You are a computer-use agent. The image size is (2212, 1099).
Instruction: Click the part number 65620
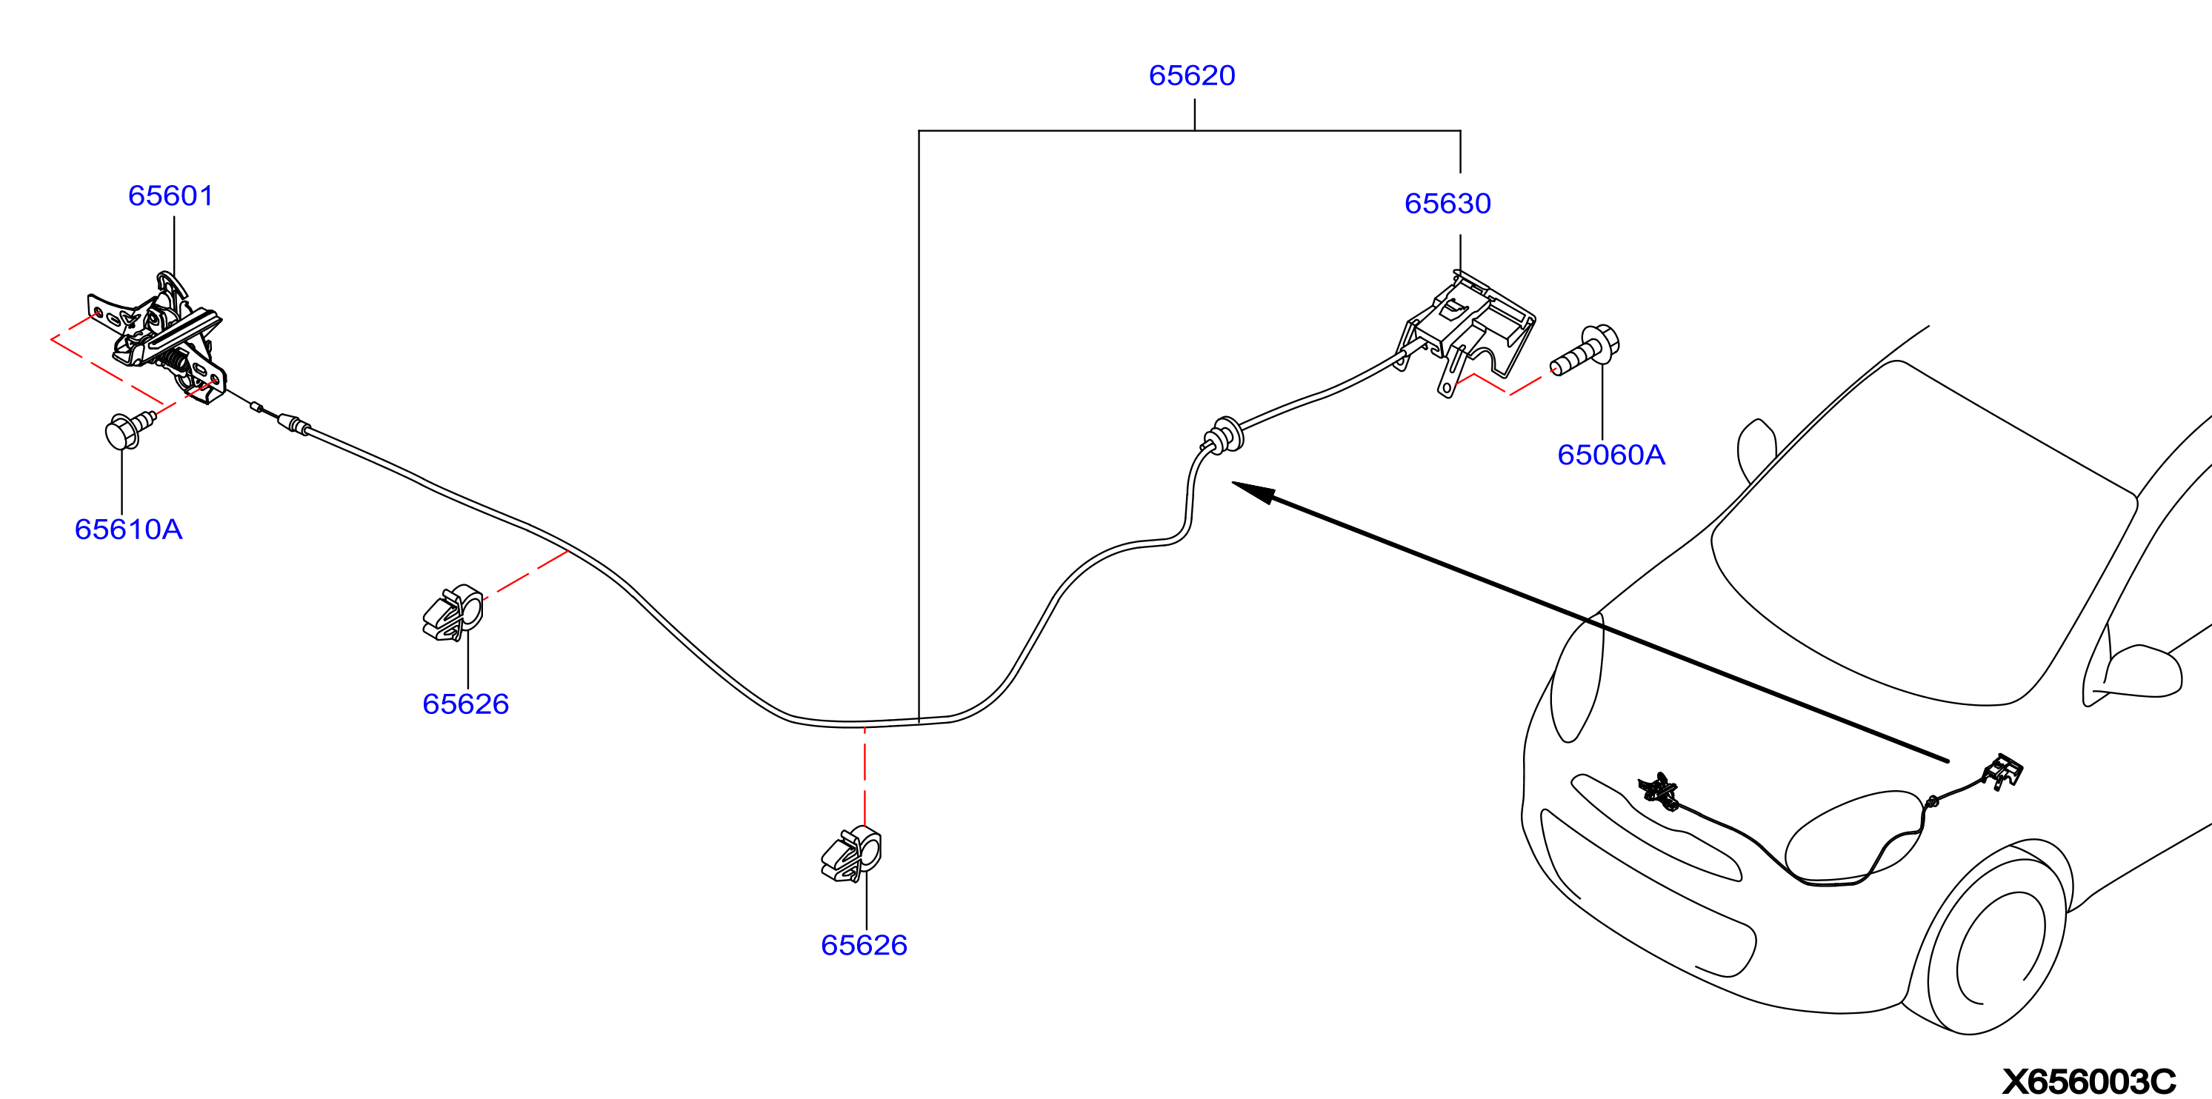coord(1192,76)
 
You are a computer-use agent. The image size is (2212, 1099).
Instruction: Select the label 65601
coord(171,196)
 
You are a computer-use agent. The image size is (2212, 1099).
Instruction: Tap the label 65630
coord(1448,204)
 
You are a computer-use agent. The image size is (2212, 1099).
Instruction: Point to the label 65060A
coord(1611,455)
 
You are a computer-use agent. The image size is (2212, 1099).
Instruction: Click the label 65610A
coord(129,530)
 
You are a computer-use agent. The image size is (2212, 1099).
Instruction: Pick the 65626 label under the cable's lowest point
coord(864,945)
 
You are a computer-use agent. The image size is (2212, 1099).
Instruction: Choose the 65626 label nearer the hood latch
coord(465,704)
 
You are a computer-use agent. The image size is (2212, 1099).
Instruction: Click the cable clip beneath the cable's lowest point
coord(851,855)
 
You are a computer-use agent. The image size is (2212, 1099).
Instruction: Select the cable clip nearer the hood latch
coord(453,613)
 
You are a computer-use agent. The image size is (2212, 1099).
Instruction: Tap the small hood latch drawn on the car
coord(1659,791)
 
